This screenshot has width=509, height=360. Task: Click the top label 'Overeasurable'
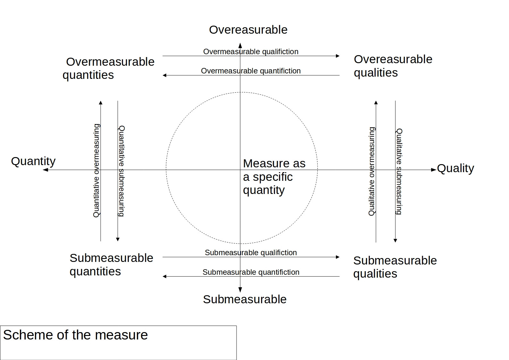click(x=248, y=30)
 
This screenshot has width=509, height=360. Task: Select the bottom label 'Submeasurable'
click(x=245, y=299)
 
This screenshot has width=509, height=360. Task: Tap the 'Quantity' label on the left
click(x=33, y=161)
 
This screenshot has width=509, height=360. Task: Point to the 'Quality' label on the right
click(x=455, y=169)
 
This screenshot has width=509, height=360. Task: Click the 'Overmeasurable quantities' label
click(x=108, y=68)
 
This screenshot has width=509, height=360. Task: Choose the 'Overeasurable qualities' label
click(x=393, y=66)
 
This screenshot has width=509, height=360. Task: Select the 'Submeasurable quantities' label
click(x=111, y=264)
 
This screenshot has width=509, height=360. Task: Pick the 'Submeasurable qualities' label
click(x=395, y=267)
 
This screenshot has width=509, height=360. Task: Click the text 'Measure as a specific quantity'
click(x=274, y=177)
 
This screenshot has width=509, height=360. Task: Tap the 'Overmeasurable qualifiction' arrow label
click(x=251, y=52)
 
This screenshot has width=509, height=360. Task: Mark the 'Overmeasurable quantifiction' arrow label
click(x=251, y=71)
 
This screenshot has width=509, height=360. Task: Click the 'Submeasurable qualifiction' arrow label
click(x=251, y=253)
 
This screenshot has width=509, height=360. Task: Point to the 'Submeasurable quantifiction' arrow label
click(x=251, y=272)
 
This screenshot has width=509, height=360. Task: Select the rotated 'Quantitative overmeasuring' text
click(x=96, y=171)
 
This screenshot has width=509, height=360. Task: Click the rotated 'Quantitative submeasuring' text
click(x=121, y=171)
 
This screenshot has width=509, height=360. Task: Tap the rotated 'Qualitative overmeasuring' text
click(x=371, y=171)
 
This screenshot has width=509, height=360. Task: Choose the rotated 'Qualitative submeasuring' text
click(x=399, y=172)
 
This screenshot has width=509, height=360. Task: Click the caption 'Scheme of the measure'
click(x=75, y=335)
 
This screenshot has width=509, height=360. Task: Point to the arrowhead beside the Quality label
click(x=434, y=170)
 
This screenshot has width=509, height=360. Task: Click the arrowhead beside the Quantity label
click(x=46, y=170)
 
